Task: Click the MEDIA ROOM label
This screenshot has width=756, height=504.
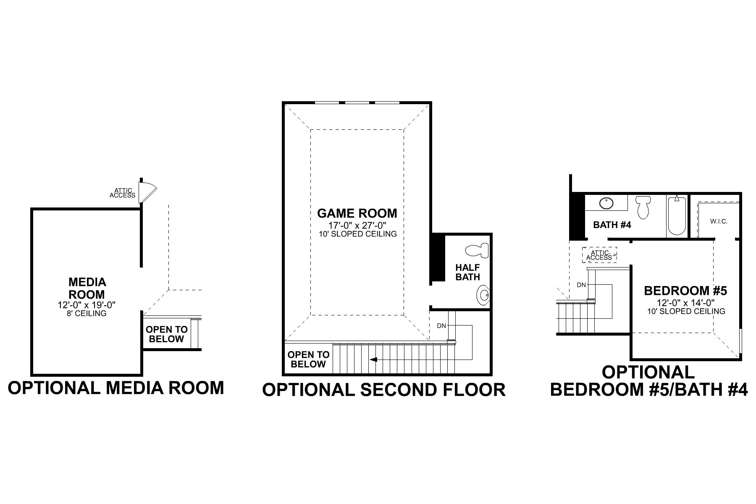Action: (87, 288)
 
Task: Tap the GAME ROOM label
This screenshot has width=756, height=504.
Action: (357, 213)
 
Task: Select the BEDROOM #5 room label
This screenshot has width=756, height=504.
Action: (685, 291)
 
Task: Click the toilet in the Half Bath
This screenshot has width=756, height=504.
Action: (478, 251)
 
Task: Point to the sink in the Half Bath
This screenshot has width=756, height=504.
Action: (483, 296)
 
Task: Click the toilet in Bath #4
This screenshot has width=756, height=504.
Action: (643, 207)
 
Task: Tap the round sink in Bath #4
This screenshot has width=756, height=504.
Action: (606, 203)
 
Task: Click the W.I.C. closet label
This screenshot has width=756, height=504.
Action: (719, 221)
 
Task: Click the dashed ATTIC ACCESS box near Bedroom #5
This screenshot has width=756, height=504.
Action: (599, 255)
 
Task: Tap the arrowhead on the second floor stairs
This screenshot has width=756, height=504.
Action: (373, 360)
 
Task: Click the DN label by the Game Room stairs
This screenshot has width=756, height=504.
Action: (441, 325)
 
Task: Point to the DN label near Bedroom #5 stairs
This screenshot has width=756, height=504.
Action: (581, 285)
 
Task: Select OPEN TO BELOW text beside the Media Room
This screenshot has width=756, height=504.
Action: (166, 334)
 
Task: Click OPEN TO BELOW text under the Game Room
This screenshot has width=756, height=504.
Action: (308, 360)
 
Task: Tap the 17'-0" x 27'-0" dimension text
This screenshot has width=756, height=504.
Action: (357, 226)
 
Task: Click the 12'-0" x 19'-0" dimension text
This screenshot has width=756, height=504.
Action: (87, 305)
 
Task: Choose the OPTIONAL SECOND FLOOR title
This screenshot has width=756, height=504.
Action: (383, 390)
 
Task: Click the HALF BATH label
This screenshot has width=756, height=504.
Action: (467, 272)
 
